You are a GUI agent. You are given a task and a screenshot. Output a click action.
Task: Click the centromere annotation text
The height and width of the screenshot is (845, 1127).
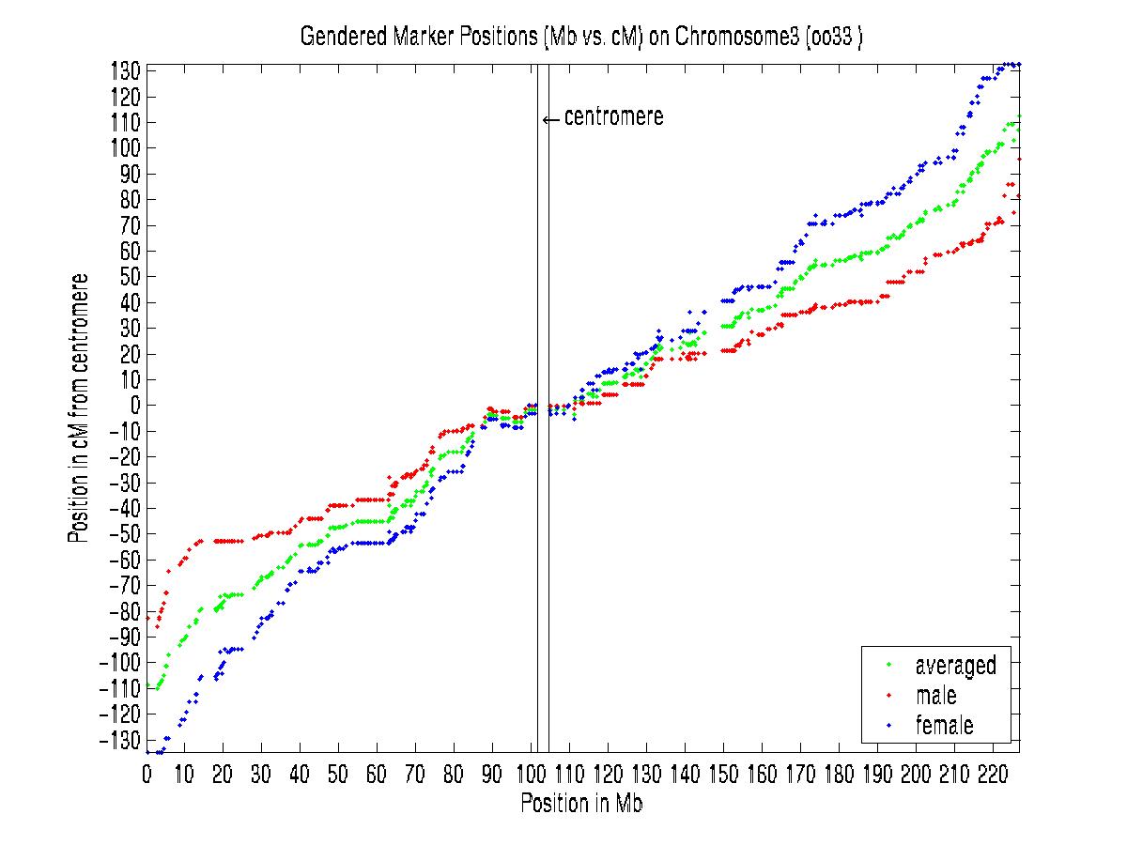point(613,117)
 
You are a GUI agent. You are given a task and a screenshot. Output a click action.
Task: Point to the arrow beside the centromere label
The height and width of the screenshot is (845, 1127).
point(551,119)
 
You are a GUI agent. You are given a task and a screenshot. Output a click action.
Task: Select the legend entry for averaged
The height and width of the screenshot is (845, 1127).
point(955,666)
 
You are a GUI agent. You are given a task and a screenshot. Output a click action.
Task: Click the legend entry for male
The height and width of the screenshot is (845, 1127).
point(935,696)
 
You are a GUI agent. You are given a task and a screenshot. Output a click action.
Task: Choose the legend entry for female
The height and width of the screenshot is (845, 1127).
point(944,725)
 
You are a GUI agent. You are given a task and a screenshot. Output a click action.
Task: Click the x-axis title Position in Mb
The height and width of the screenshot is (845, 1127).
point(581,805)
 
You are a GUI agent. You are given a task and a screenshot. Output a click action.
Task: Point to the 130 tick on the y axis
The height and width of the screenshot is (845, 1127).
point(129,71)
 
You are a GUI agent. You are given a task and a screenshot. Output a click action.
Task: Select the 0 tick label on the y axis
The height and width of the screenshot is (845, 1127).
point(134,406)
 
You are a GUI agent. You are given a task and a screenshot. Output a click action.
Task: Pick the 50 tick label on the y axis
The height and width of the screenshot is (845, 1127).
point(131,277)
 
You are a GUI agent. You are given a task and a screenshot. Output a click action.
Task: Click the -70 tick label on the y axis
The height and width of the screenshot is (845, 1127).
point(128,586)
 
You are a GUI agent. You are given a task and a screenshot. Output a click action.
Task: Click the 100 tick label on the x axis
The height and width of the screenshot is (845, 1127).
point(531,776)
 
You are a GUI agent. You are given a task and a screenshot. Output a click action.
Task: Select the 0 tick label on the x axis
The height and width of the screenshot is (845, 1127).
point(147,776)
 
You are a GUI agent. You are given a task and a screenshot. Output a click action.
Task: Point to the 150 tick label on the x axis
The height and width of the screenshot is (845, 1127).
point(723,776)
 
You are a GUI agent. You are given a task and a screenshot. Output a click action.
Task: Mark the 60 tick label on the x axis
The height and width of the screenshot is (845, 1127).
point(377,776)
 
